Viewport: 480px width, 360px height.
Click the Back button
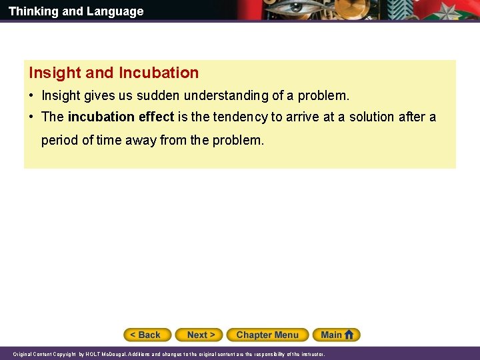click(x=147, y=335)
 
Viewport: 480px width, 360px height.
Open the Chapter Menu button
click(x=267, y=335)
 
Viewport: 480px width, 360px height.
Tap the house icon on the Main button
click(x=349, y=335)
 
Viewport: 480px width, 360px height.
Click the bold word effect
click(x=156, y=117)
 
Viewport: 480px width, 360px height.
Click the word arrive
click(x=300, y=117)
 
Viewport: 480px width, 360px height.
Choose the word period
click(x=59, y=141)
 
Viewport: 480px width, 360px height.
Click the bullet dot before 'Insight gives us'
click(x=31, y=96)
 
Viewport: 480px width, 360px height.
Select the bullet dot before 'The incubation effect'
click(x=31, y=117)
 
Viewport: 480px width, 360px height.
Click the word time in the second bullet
click(x=109, y=141)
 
